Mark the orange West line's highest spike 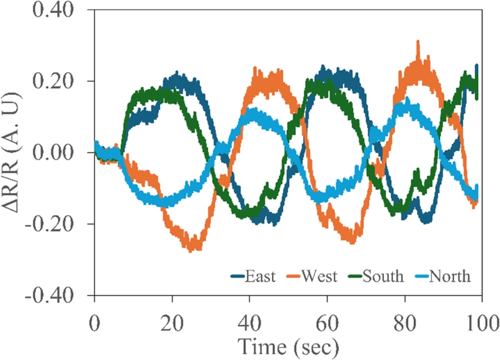click(417, 42)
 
